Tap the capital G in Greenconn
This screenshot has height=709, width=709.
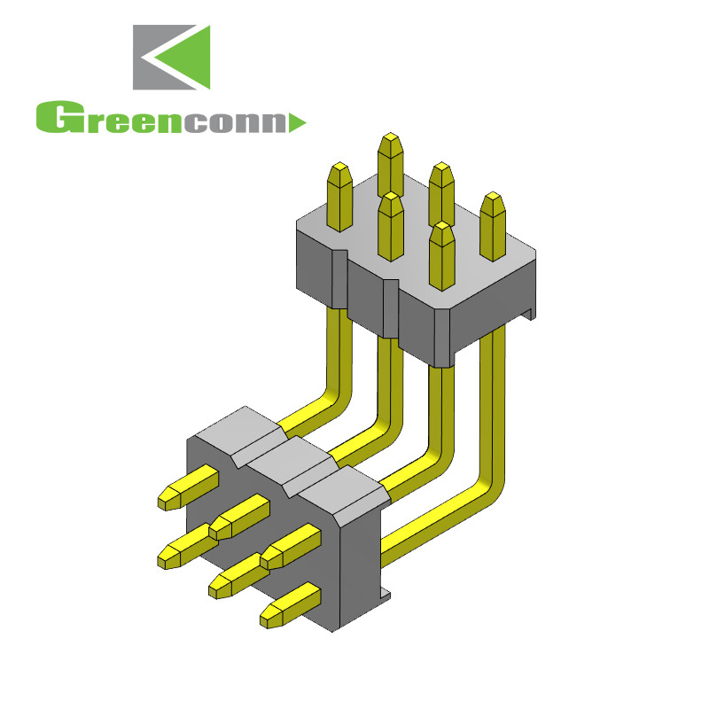tap(53, 119)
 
